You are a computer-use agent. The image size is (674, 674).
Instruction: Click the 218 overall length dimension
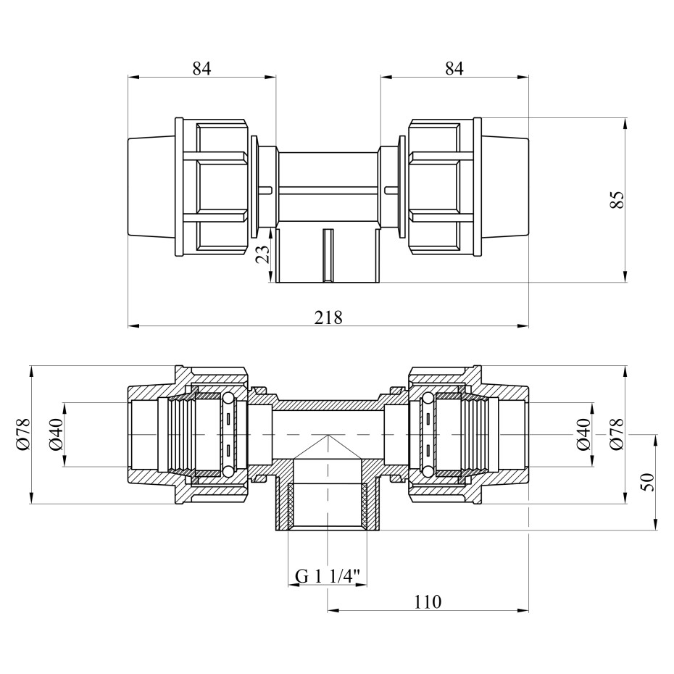[328, 317]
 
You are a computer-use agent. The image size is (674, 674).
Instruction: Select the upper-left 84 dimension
[201, 68]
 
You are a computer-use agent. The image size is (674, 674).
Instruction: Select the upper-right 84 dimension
[454, 68]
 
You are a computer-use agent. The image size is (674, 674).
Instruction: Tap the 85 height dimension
[617, 199]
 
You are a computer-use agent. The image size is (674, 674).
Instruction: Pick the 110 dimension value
[428, 602]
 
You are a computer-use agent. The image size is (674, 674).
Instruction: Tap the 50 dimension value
[647, 482]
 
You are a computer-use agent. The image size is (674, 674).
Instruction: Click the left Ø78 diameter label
[23, 434]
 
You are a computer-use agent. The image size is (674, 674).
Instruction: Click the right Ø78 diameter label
[617, 434]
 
